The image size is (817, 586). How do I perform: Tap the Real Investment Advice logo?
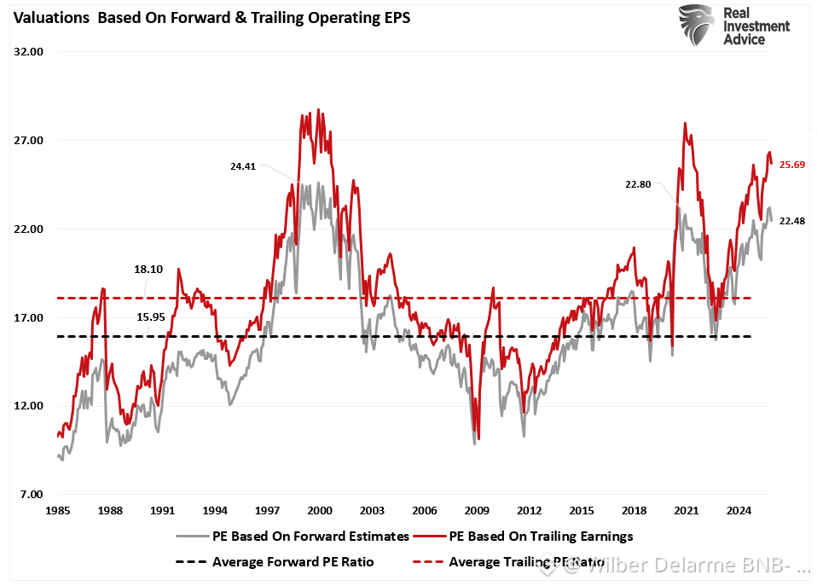coord(734,26)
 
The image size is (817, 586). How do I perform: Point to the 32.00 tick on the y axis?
coord(28,52)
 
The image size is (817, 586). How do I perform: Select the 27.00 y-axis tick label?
coord(28,141)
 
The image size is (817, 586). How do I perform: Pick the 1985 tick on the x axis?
coord(57,510)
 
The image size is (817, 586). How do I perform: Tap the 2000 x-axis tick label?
coord(320,510)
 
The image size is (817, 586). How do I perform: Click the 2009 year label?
coord(477,510)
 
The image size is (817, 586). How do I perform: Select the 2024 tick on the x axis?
coord(739,510)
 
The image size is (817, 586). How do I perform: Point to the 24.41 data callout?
coord(244,166)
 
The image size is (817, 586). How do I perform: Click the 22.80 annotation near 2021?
coord(637,183)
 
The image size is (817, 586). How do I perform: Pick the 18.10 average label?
coord(148,269)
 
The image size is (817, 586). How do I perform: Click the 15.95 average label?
coord(151,317)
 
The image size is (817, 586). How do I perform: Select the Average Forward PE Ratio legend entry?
coord(292,561)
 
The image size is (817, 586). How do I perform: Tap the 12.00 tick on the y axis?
coord(28,406)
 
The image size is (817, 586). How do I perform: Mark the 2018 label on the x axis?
coord(634,510)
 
